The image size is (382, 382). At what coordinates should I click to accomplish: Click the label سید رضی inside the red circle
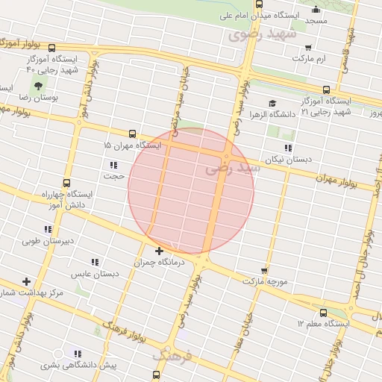pyautogui.click(x=234, y=169)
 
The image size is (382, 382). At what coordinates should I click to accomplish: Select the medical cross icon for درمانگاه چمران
pyautogui.click(x=159, y=251)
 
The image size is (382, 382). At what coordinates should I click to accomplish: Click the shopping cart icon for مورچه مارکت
pyautogui.click(x=264, y=270)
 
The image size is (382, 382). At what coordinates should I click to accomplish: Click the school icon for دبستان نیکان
pyautogui.click(x=288, y=148)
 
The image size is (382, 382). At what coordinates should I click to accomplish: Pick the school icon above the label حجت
pyautogui.click(x=113, y=165)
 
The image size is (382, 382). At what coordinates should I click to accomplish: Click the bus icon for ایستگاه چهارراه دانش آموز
pyautogui.click(x=66, y=182)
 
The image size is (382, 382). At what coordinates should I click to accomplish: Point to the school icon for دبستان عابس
pyautogui.click(x=95, y=262)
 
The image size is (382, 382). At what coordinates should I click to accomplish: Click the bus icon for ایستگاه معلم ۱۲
pyautogui.click(x=323, y=313)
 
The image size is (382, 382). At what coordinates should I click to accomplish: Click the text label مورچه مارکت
pyautogui.click(x=263, y=281)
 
